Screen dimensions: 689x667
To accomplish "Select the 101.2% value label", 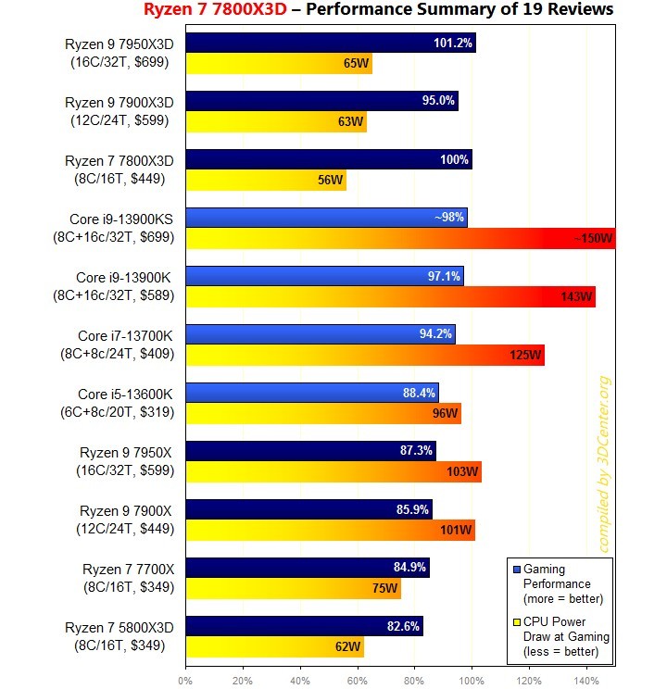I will (x=453, y=43).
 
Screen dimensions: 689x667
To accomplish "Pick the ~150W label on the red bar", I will (x=592, y=239).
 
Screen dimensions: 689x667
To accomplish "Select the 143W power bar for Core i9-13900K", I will (x=390, y=296).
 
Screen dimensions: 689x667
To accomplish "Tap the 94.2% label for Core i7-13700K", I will (x=434, y=333).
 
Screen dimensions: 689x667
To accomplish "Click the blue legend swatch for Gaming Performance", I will (x=516, y=569).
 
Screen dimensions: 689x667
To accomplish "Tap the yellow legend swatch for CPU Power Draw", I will (x=516, y=620).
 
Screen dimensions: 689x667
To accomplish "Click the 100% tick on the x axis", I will (x=472, y=681).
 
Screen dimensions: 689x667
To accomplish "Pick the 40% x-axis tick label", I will (x=300, y=681).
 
